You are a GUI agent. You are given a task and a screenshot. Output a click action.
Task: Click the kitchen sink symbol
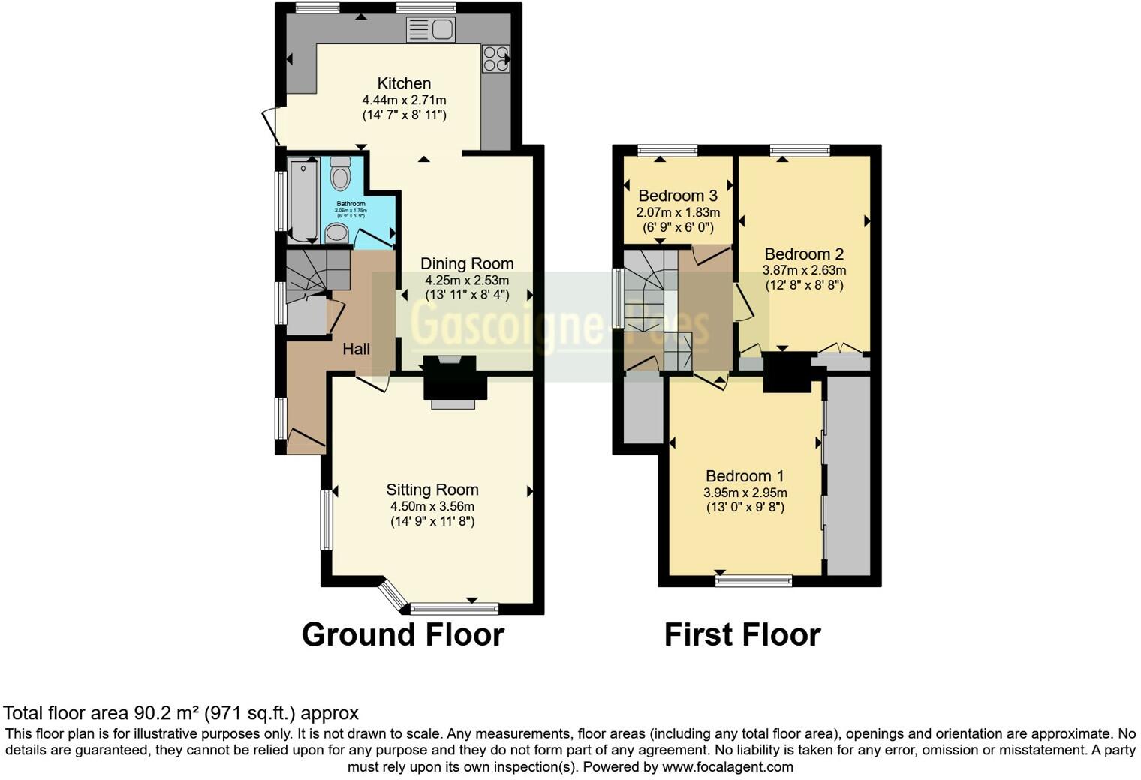(x=431, y=30)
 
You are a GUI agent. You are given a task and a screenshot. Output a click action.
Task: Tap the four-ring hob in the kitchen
(x=495, y=58)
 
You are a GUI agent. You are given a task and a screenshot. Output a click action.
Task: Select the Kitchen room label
(x=404, y=83)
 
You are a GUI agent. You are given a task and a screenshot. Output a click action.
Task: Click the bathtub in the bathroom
(x=303, y=199)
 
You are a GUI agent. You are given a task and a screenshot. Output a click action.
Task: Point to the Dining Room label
(x=467, y=263)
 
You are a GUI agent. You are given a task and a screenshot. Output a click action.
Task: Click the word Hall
(x=356, y=349)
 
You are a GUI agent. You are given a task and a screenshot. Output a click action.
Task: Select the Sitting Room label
(x=432, y=490)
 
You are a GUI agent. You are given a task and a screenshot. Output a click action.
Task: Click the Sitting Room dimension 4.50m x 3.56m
(x=432, y=506)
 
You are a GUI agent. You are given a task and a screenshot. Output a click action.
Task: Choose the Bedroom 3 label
(x=678, y=196)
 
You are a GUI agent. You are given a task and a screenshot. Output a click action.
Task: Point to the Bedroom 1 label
(x=745, y=476)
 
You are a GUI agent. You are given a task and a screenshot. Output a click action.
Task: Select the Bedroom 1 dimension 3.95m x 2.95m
(x=745, y=493)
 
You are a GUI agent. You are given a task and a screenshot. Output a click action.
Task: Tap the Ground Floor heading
(x=402, y=634)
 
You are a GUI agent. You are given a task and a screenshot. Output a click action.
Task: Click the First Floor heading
(x=742, y=634)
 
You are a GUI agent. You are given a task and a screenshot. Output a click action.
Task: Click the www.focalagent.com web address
(x=727, y=767)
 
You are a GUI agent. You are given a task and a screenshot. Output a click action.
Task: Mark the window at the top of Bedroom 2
(x=800, y=151)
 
